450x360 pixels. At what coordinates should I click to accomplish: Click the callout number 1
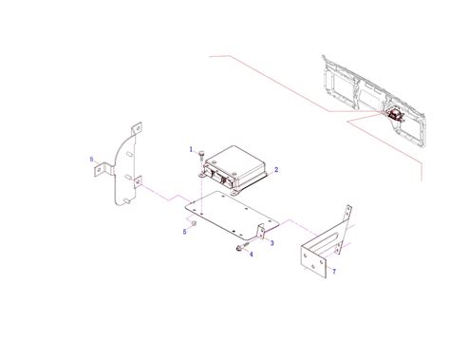click(x=191, y=149)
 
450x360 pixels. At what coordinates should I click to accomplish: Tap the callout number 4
click(x=251, y=255)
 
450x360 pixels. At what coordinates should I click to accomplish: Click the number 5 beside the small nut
click(x=184, y=230)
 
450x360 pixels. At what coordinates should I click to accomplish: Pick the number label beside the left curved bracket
click(x=91, y=159)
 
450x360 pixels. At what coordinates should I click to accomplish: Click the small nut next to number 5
click(x=194, y=222)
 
